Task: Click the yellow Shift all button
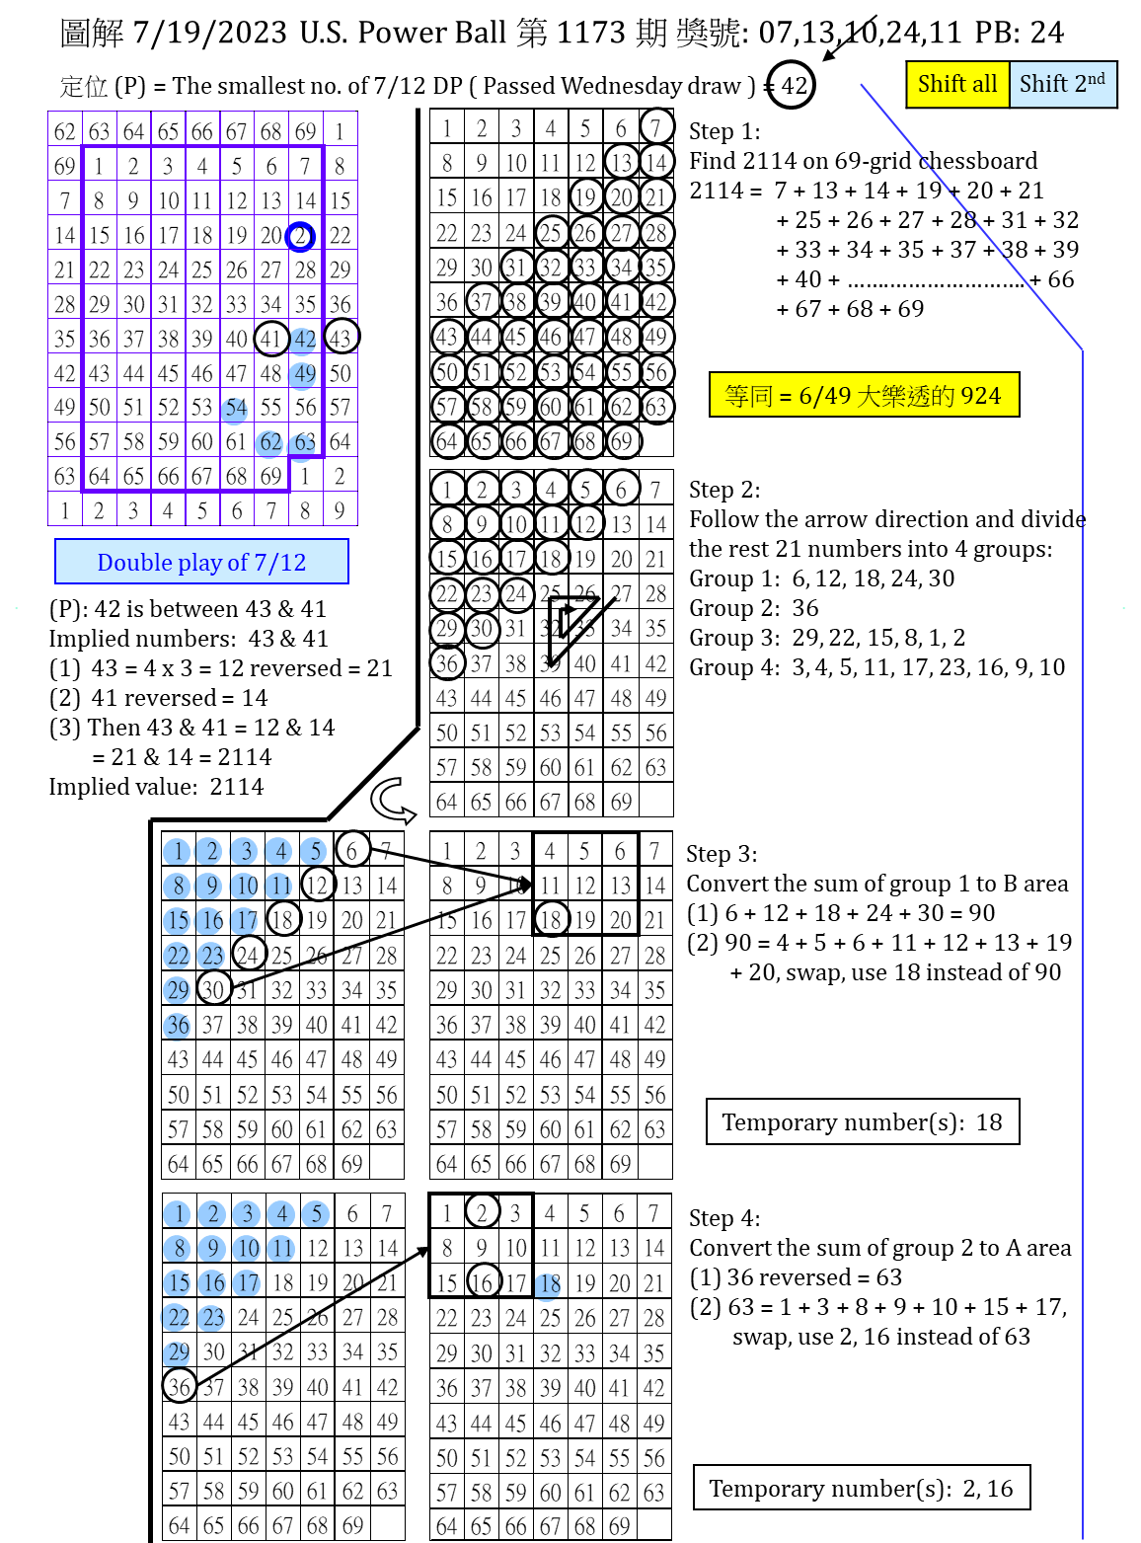[956, 84]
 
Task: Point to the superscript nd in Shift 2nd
[1097, 78]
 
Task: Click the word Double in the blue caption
[134, 563]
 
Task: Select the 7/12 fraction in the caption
[279, 563]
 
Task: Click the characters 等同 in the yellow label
[748, 396]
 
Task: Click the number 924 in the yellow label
[980, 396]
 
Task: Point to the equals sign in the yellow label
[786, 397]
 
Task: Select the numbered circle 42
[303, 341]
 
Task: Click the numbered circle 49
[302, 375]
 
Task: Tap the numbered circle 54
[234, 410]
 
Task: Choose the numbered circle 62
[268, 443]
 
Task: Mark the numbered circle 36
[177, 1026]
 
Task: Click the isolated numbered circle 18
[548, 1285]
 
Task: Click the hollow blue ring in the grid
[300, 237]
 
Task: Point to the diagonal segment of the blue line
[972, 217]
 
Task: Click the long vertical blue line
[1083, 938]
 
